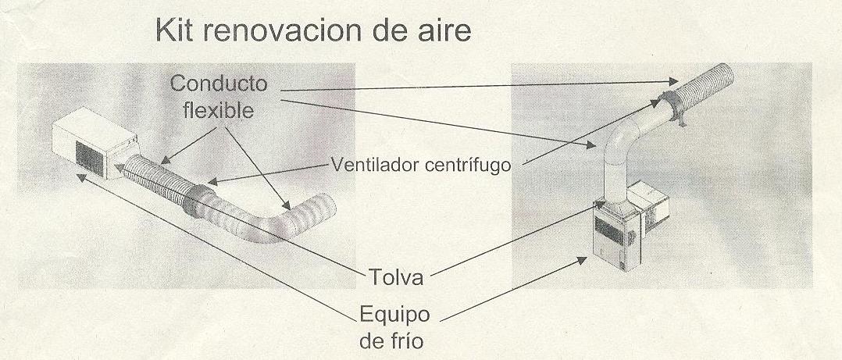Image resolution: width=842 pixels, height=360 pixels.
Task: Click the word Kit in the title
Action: (x=173, y=30)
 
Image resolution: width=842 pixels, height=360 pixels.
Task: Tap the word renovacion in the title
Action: (x=278, y=30)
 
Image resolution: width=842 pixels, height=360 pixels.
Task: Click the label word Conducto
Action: (x=219, y=84)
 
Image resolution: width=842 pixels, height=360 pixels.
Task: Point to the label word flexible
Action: (x=219, y=111)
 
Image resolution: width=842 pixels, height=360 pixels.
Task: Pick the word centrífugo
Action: (x=467, y=166)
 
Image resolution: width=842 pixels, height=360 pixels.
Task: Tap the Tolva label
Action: (x=396, y=276)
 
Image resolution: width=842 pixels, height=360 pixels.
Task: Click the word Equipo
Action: (x=394, y=315)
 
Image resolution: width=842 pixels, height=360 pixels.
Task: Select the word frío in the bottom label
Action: (x=410, y=341)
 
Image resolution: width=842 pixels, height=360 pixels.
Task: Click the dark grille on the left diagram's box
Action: (x=89, y=159)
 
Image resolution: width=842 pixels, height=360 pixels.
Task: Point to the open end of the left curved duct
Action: (x=326, y=205)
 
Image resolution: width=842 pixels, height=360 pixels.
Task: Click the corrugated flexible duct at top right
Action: (x=703, y=86)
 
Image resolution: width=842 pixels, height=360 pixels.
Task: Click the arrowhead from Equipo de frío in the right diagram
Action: (x=583, y=260)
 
